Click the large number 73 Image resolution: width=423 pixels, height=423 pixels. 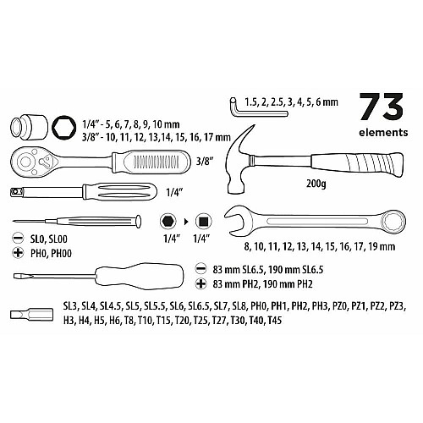click(382, 107)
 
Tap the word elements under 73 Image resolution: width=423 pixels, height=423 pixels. click(383, 133)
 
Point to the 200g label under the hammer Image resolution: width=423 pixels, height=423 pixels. click(316, 184)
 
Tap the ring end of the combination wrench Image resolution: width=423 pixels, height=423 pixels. click(393, 221)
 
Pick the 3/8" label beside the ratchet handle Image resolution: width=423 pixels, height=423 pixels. click(204, 162)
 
